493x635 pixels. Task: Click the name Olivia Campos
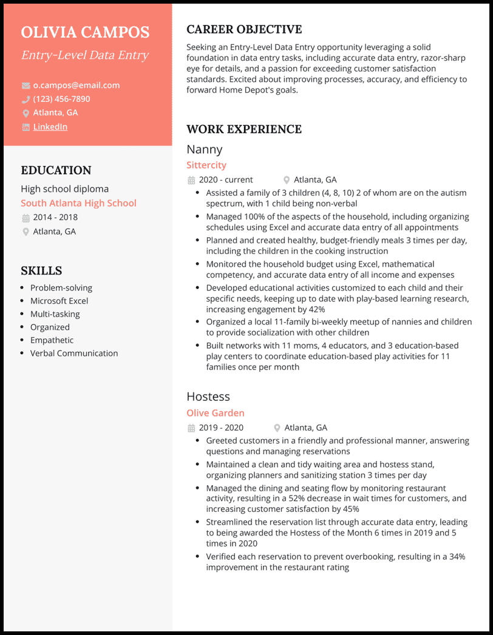point(85,32)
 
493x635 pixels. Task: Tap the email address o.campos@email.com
point(76,86)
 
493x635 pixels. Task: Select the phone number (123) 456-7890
point(61,99)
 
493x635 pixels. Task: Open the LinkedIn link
point(50,127)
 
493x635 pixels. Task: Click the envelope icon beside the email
point(25,86)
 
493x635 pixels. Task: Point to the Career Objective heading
point(244,29)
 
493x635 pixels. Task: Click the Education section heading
point(56,170)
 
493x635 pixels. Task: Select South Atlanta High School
point(78,203)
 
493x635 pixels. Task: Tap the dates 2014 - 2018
point(55,217)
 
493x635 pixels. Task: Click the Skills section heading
point(41,270)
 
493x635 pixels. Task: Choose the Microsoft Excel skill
point(59,301)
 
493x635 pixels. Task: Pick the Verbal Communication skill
point(74,353)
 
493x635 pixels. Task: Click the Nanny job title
point(205,149)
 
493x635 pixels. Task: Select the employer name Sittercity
point(206,165)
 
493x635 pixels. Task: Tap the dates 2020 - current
point(226,180)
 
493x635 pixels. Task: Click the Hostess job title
point(208,397)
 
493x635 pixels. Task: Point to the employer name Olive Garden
point(216,413)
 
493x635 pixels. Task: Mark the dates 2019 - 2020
point(221,428)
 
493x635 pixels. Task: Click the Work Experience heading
point(244,129)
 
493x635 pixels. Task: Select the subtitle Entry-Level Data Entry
point(84,55)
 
